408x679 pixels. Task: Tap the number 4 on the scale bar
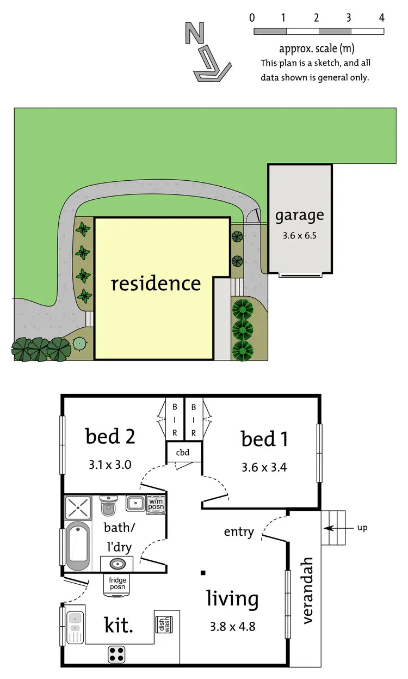(381, 17)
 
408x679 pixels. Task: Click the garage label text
(299, 215)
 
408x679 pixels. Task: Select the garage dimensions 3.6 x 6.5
(299, 236)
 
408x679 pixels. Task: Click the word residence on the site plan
(156, 283)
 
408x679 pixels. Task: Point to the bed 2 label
(110, 436)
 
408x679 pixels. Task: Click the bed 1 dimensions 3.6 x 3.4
(264, 467)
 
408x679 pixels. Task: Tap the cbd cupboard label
(183, 452)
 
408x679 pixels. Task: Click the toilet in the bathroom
(109, 507)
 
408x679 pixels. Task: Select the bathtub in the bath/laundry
(77, 546)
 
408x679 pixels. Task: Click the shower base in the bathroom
(78, 507)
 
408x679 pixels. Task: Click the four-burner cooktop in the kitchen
(118, 653)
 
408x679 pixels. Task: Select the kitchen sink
(75, 626)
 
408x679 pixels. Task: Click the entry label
(239, 531)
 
